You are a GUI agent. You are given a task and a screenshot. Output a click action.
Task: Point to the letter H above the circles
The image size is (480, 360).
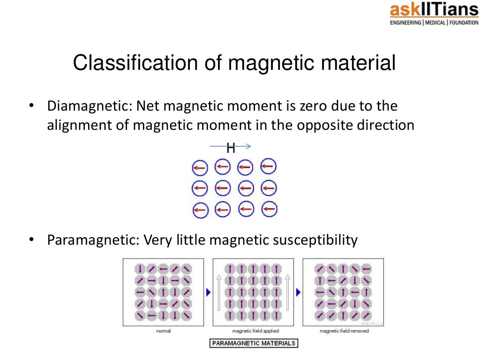pos(231,149)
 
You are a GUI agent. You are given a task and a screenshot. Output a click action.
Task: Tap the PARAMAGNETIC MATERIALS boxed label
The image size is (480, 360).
pos(254,343)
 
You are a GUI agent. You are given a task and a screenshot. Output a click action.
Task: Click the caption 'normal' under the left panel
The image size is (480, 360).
pos(163,331)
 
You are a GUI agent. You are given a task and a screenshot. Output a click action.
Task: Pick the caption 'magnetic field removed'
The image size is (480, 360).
pos(344,331)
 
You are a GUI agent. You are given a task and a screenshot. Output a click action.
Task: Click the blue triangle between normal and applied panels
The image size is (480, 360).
pos(209,292)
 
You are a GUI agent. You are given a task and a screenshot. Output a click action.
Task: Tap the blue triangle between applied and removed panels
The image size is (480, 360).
pos(298,292)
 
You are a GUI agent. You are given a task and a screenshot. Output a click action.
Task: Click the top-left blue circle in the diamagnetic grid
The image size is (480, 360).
pos(199,167)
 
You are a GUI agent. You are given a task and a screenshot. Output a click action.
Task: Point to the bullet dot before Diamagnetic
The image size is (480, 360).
pos(31,107)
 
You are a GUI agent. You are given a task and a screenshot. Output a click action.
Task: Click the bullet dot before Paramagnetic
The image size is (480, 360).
pos(31,240)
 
